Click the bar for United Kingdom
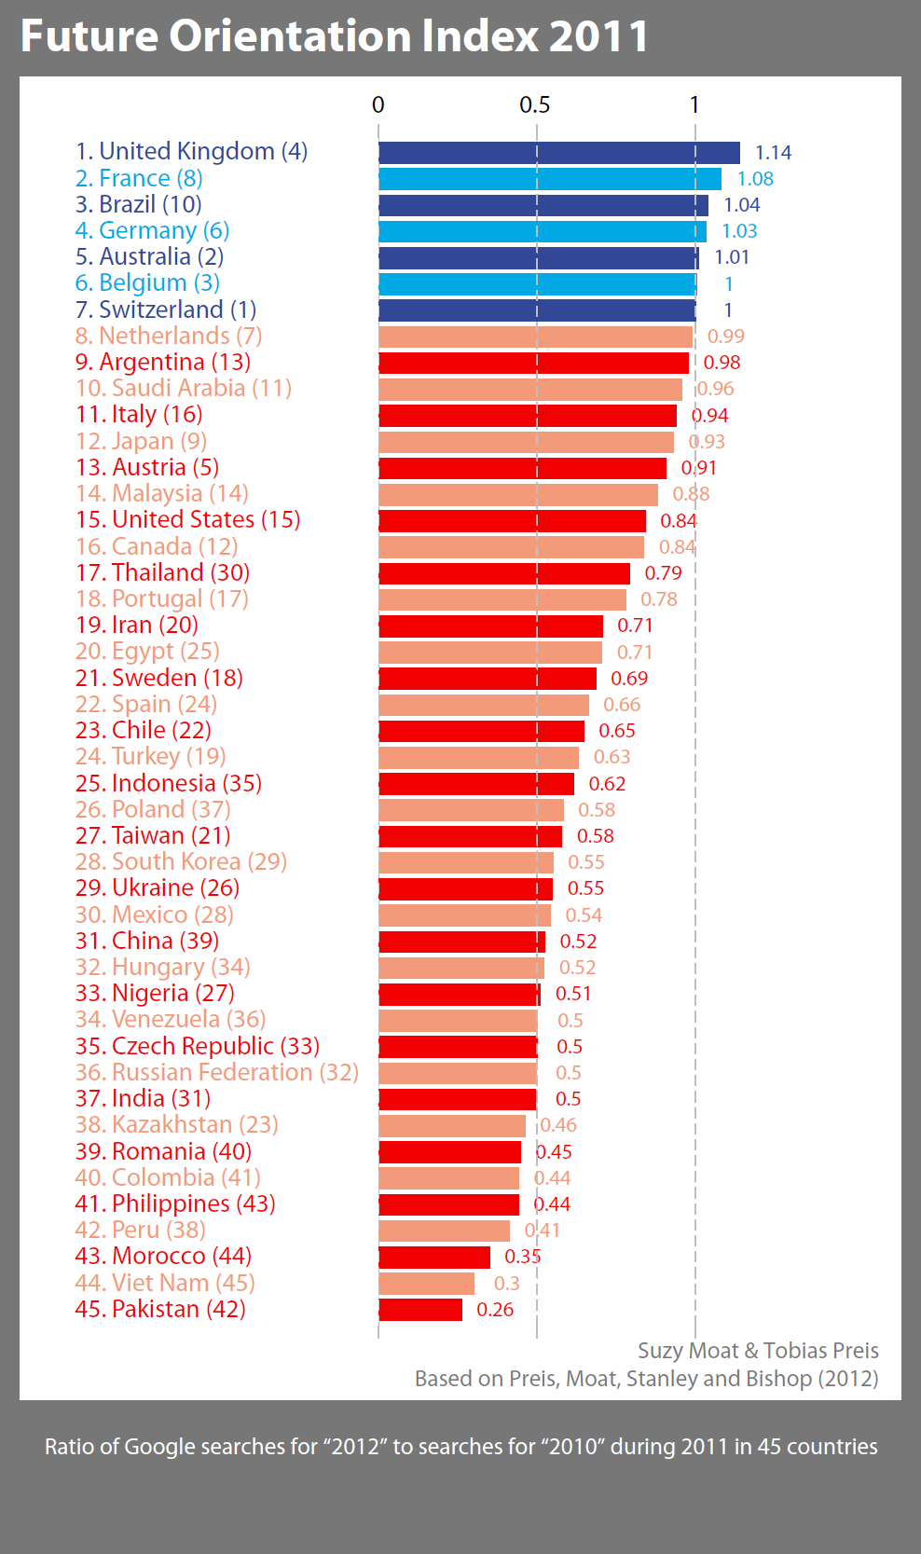[559, 153]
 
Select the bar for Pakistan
[420, 1310]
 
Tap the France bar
[550, 179]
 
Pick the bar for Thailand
[504, 573]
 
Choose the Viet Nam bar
[426, 1284]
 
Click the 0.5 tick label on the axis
[535, 105]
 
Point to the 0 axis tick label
[378, 105]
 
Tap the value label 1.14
[773, 153]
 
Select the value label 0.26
[495, 1310]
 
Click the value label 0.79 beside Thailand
[663, 573]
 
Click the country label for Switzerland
[166, 309]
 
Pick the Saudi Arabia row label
[184, 389]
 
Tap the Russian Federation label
[217, 1073]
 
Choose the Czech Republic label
[198, 1047]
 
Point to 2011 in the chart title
[598, 37]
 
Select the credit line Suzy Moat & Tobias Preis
[758, 1351]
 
